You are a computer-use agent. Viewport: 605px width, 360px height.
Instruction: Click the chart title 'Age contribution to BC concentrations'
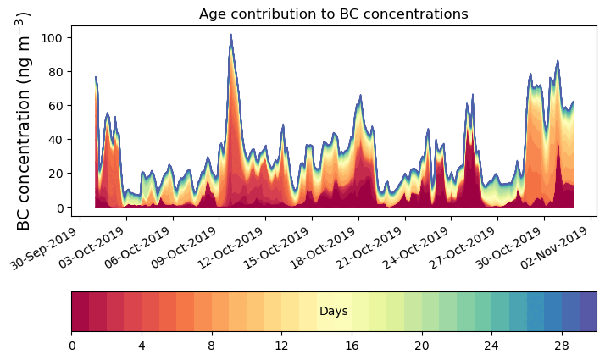click(x=333, y=14)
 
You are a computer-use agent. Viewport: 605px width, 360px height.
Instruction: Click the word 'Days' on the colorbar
click(x=333, y=312)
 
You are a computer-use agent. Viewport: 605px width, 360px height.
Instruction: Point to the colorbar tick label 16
click(x=352, y=346)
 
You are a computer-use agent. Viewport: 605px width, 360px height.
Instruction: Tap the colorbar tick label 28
click(x=561, y=346)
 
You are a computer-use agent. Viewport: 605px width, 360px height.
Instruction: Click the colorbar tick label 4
click(x=142, y=346)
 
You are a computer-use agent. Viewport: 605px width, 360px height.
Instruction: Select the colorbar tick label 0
click(x=72, y=346)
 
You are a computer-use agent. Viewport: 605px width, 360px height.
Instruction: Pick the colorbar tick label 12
click(x=281, y=346)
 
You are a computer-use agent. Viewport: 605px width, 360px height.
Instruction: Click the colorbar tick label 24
click(x=491, y=346)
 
